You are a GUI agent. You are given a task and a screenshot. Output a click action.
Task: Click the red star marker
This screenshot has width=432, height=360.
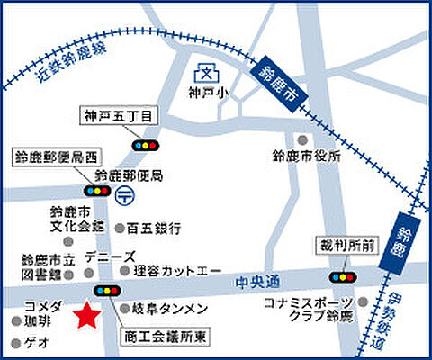86,314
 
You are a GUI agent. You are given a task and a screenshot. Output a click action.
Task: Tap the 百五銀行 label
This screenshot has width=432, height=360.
154,229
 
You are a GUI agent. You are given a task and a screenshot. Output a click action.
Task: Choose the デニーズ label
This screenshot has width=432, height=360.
110,256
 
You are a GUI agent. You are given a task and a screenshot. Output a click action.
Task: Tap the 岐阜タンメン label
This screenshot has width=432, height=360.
170,310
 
